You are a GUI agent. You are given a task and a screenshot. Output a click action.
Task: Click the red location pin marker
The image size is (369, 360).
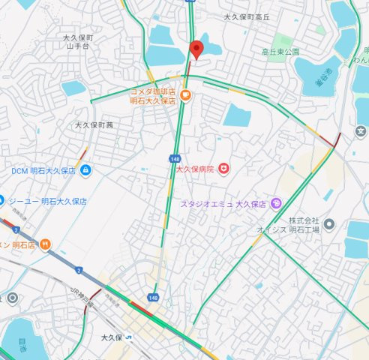click(x=196, y=49)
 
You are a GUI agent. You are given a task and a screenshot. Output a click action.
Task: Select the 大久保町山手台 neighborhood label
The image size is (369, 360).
click(x=78, y=41)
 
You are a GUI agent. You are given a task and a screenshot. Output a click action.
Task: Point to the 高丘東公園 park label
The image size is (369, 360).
click(x=280, y=52)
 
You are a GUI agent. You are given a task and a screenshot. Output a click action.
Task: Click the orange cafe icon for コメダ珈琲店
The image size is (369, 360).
click(x=185, y=95)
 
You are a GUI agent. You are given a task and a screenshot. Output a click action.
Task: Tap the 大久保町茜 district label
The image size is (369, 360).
click(x=94, y=125)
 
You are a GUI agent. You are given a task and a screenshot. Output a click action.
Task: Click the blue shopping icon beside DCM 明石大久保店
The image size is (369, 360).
click(x=86, y=170)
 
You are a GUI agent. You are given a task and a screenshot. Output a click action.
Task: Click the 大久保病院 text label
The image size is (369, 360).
click(x=195, y=169)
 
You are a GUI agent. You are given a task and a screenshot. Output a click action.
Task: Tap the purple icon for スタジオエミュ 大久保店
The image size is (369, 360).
click(x=276, y=202)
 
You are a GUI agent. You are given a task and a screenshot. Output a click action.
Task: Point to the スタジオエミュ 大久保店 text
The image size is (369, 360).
click(x=223, y=203)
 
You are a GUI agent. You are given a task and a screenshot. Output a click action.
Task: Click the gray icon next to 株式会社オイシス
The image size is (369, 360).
click(x=331, y=224)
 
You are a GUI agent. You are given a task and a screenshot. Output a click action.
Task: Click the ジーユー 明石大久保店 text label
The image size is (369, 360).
click(x=47, y=202)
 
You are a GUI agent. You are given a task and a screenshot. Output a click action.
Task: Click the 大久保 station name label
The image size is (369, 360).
click(x=112, y=337)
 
